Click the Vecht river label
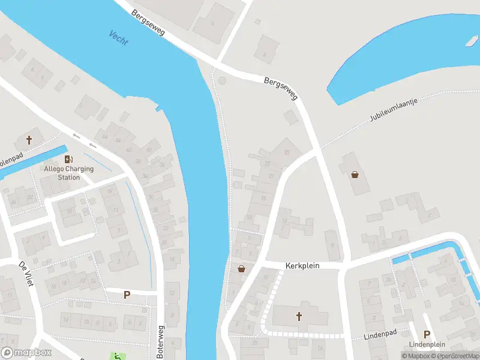pos(118,38)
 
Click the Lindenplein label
pos(427,344)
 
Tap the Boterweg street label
pos(160,342)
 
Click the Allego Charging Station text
pos(69,173)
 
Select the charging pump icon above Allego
pos(68,159)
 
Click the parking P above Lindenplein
pos(427,334)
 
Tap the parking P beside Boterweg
pos(127,295)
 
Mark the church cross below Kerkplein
pos(298,316)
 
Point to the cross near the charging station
pos(29,140)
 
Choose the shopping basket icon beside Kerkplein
pos(241,269)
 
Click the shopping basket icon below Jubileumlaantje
pos(355,175)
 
